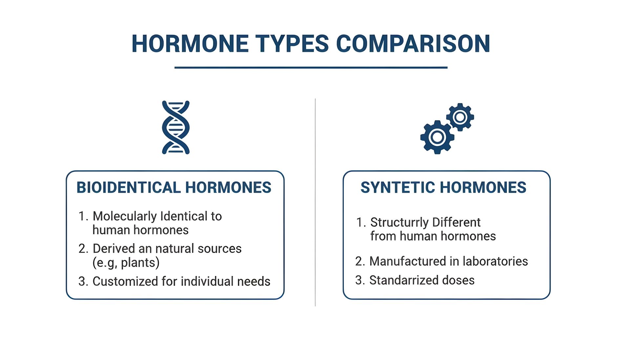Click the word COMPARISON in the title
(413, 44)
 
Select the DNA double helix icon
(176, 127)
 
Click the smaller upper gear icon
(460, 117)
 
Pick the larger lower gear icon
(437, 137)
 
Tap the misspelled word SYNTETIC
(397, 188)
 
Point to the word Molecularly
(125, 217)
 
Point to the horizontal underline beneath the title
(311, 68)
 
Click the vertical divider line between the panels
(315, 202)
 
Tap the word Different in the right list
(456, 222)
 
